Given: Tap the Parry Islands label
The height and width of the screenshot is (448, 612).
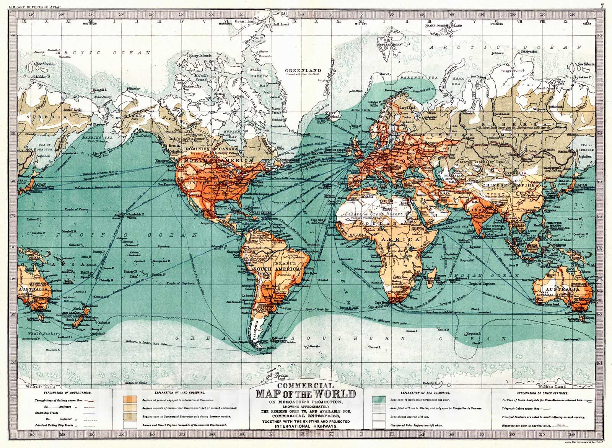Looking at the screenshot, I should pyautogui.click(x=200, y=56).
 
